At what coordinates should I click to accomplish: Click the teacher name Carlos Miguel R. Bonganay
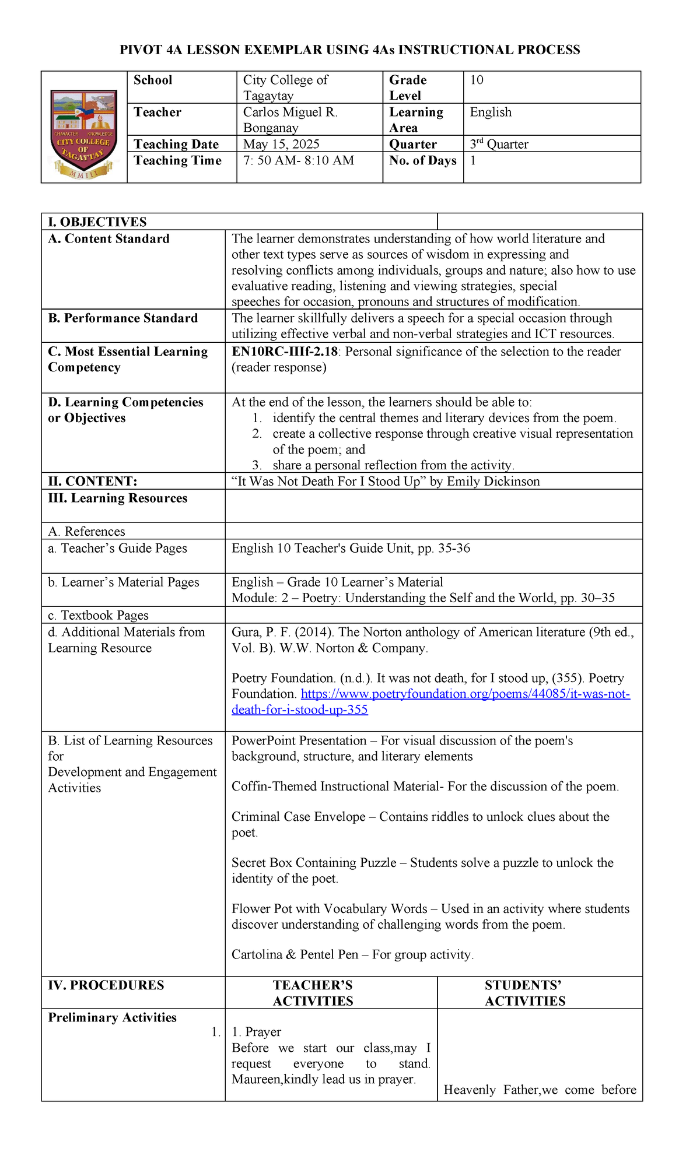click(x=290, y=120)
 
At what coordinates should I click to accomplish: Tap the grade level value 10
click(x=477, y=80)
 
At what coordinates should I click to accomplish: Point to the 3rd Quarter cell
click(x=499, y=144)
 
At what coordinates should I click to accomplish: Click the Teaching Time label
click(x=177, y=160)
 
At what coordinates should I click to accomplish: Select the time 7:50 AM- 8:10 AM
click(x=298, y=160)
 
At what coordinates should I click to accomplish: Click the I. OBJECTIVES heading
click(x=97, y=222)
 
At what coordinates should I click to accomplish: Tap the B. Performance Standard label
click(x=123, y=318)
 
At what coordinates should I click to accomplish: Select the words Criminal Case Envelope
click(x=297, y=816)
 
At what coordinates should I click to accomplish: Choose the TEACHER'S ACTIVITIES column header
click(x=313, y=993)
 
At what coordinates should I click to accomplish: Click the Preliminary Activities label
click(x=112, y=1017)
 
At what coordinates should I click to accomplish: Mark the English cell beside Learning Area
click(x=491, y=112)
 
